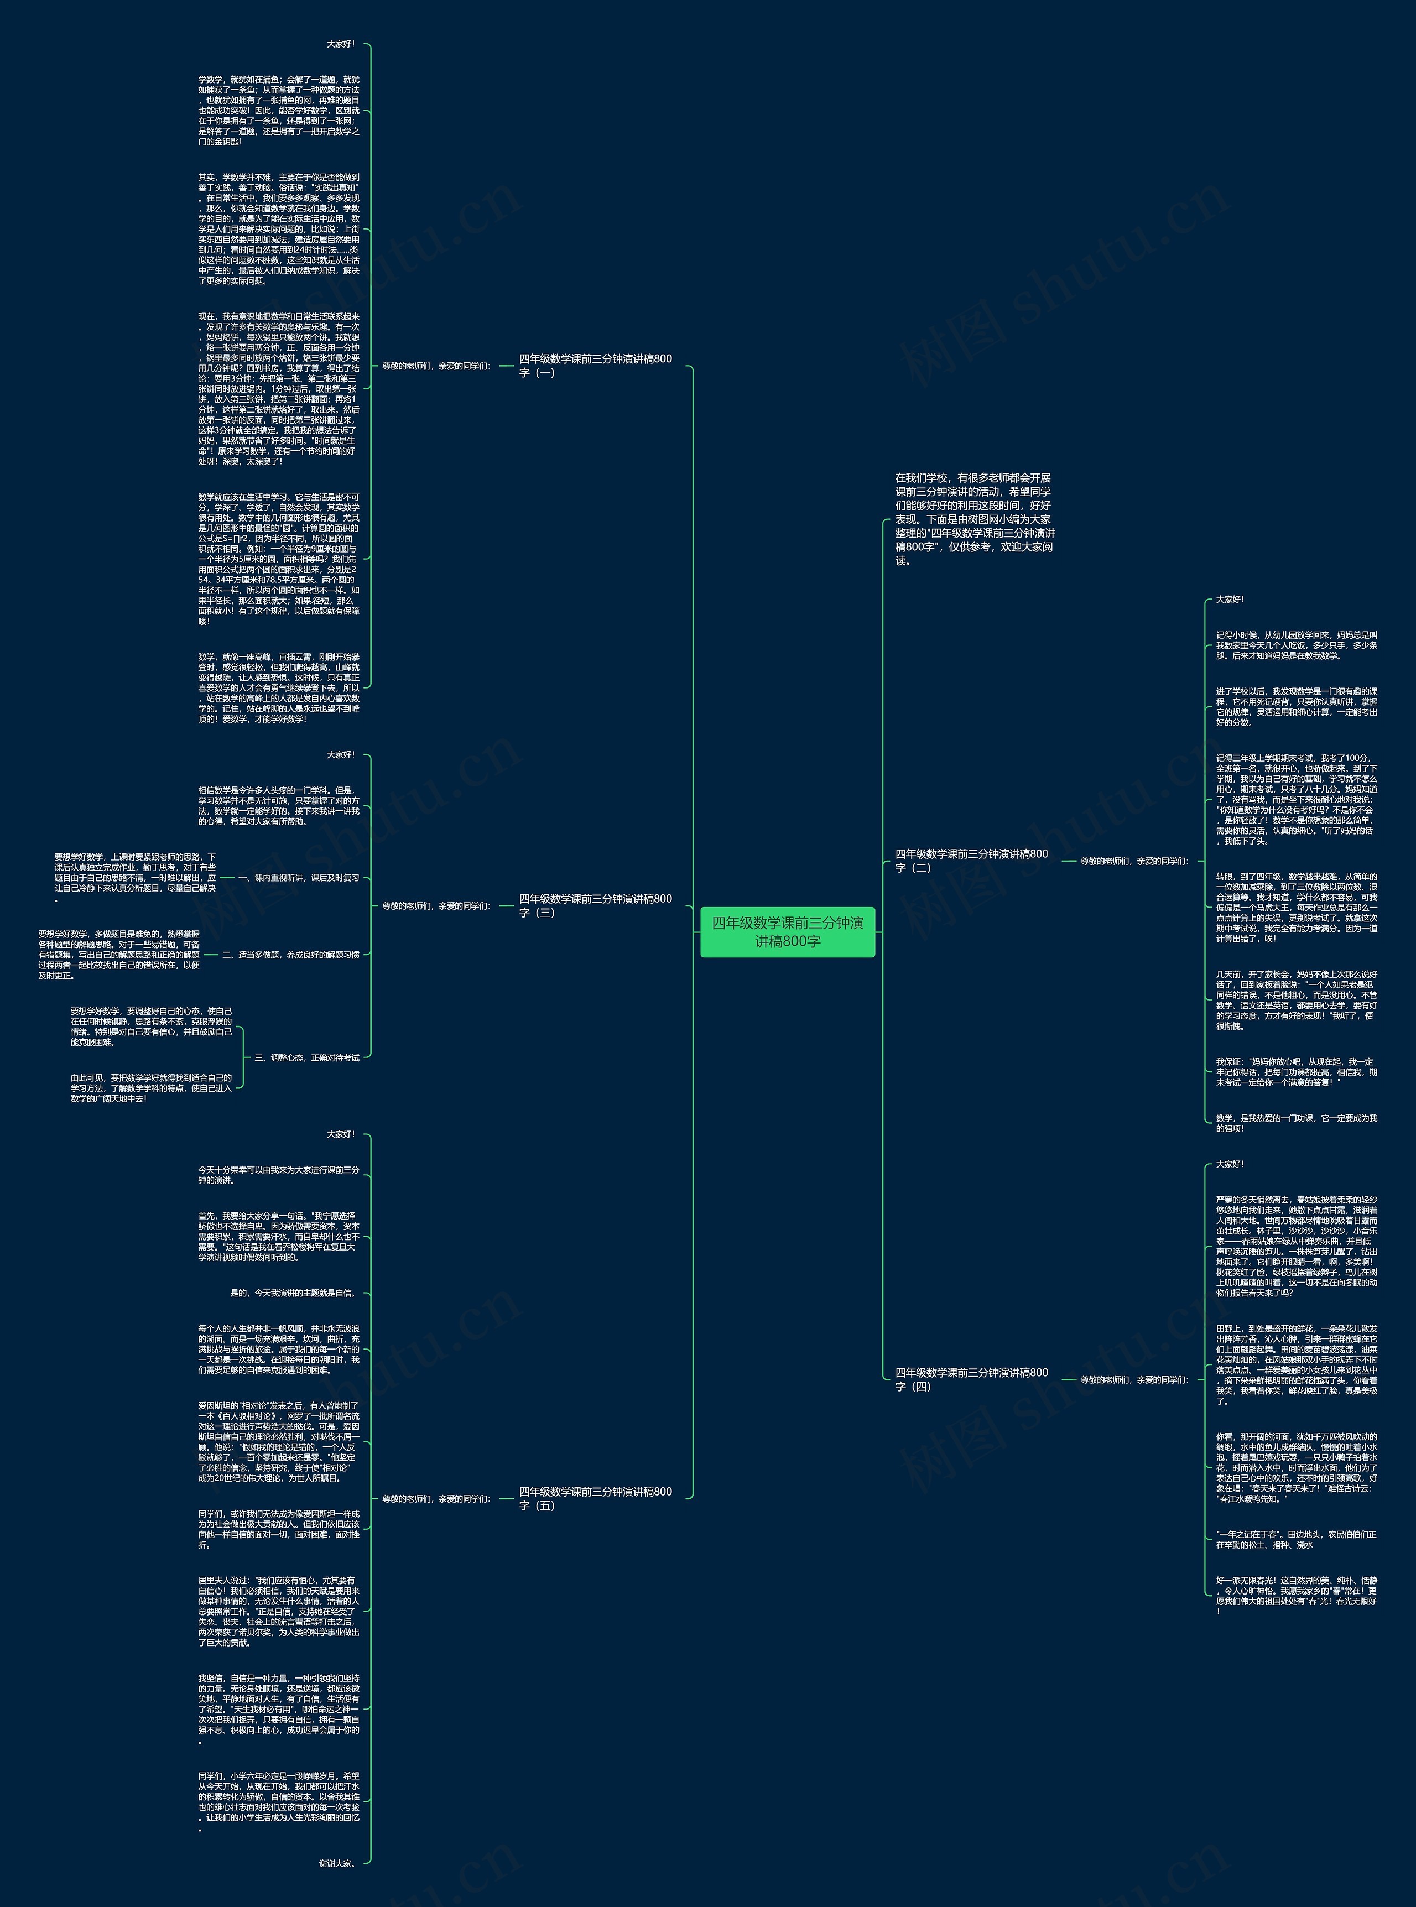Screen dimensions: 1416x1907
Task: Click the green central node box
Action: [x=787, y=931]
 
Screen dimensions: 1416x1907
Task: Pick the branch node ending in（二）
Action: [x=971, y=861]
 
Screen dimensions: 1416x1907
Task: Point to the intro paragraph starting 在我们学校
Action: [x=975, y=519]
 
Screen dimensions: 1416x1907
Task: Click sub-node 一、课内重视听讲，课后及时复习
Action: [x=298, y=878]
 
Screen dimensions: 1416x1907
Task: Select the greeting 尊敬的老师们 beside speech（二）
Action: [x=1133, y=861]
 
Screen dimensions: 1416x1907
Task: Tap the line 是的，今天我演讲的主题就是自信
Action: [x=292, y=1293]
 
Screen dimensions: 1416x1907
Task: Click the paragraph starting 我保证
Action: [x=1295, y=1072]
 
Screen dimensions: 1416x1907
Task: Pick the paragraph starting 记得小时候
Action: [x=1295, y=645]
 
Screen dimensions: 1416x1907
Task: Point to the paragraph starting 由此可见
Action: [x=151, y=1088]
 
